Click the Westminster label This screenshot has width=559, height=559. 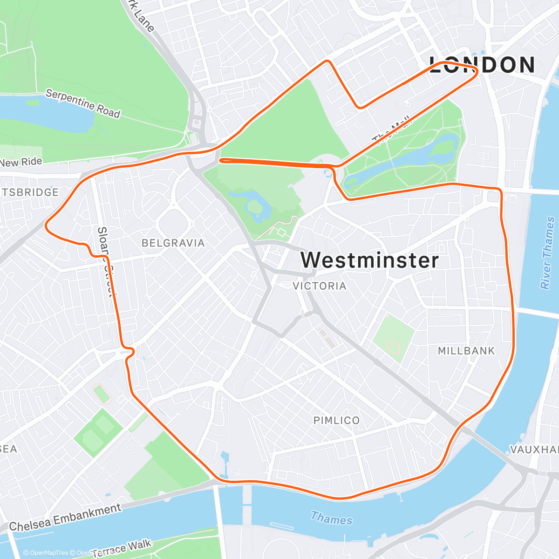[369, 260]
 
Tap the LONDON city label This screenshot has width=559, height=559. [482, 65]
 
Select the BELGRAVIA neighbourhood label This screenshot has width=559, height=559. [173, 243]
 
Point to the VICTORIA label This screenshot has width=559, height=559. [320, 286]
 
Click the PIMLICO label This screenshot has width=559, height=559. [336, 420]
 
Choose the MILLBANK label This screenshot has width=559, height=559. [466, 351]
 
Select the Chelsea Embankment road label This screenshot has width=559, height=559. [65, 517]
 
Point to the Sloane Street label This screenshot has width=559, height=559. [105, 261]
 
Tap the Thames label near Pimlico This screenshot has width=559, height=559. [331, 518]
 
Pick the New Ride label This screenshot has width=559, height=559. [21, 162]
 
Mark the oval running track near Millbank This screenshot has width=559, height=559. [394, 347]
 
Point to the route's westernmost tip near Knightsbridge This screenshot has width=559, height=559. [46, 225]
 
